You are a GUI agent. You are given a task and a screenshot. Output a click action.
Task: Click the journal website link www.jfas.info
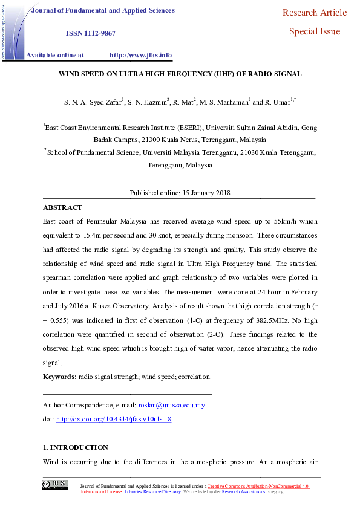pos(140,55)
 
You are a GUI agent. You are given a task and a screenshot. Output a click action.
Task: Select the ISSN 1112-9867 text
pos(90,33)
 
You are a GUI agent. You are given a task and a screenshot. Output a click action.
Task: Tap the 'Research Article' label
pos(315,13)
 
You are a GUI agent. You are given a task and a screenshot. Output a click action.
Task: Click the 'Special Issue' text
pos(315,31)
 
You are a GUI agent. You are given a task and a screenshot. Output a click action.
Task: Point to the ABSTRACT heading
pos(63,207)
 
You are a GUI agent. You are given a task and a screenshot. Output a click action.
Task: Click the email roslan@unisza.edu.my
pos(172,405)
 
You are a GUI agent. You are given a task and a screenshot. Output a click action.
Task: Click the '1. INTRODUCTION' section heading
pos(76,447)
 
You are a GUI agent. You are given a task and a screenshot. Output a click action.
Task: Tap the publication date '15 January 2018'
pos(206,193)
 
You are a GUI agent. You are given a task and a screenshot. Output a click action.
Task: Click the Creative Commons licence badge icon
pos(54,484)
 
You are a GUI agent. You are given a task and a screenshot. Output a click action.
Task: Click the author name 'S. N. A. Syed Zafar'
pos(93,102)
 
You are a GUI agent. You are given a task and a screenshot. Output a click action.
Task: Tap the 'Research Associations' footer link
pos(243,492)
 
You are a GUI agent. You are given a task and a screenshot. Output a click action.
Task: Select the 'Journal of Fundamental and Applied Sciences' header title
pos(103,10)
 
